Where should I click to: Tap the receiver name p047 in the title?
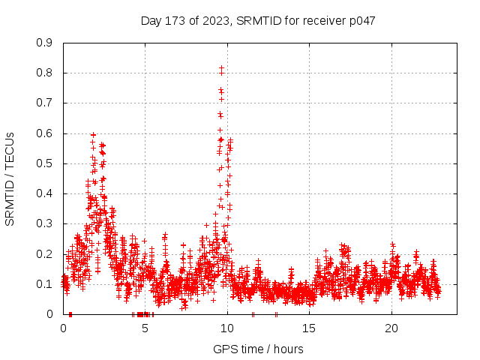click(361, 21)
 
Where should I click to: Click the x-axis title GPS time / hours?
click(259, 349)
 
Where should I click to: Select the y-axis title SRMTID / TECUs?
click(10, 178)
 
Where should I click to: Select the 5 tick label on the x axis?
click(145, 328)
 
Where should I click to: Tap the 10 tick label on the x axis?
click(227, 328)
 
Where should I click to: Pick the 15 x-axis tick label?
click(309, 328)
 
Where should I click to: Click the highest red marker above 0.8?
click(221, 68)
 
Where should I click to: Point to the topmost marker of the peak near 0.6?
click(93, 134)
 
